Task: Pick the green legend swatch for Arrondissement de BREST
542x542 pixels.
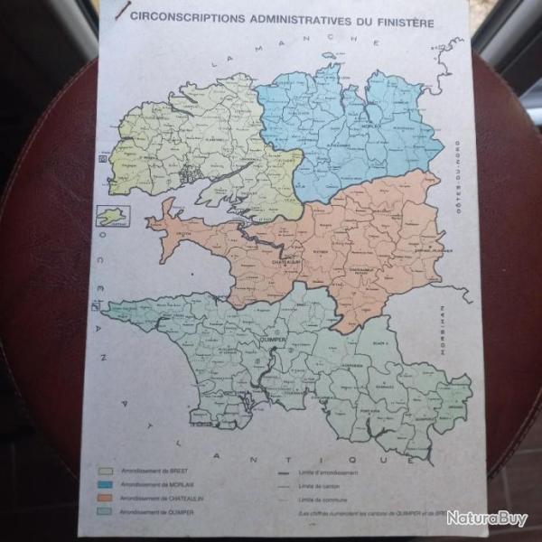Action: click(106, 471)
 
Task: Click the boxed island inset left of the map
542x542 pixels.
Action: click(113, 215)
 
